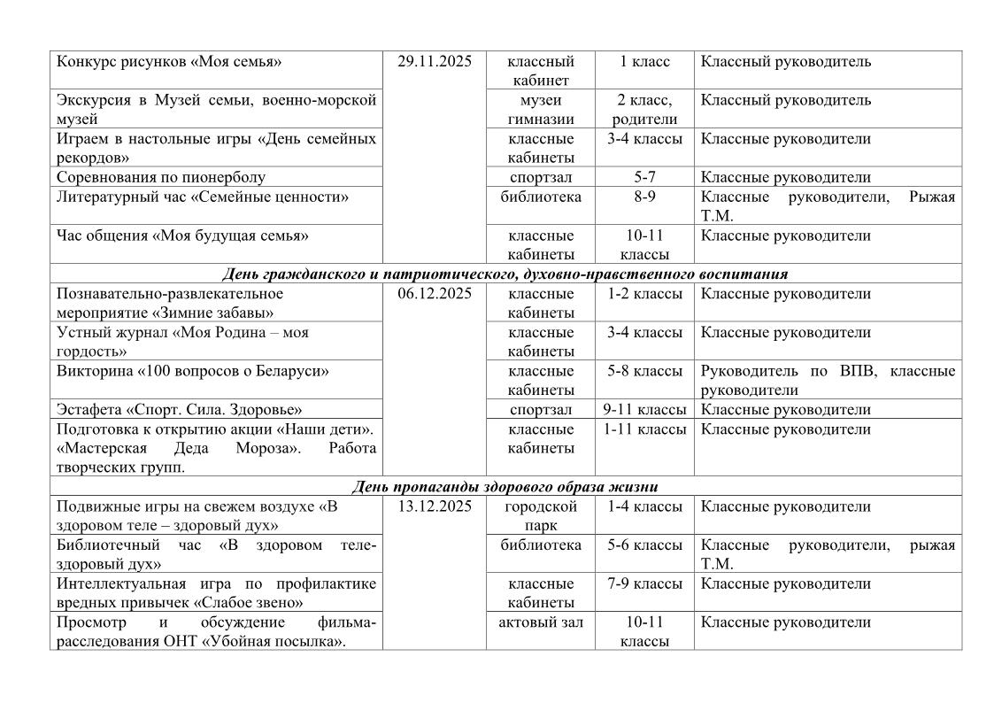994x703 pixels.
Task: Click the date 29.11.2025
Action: click(435, 62)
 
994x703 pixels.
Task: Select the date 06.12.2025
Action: click(435, 294)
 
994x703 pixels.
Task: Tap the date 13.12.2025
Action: click(435, 507)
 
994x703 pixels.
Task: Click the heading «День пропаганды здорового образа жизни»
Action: click(505, 487)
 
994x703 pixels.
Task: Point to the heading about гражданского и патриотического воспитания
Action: click(505, 274)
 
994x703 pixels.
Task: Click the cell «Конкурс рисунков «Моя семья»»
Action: click(169, 62)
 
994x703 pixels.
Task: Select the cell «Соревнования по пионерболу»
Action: click(161, 177)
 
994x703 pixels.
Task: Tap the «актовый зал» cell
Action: click(541, 622)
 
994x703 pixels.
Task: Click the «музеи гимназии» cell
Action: click(541, 109)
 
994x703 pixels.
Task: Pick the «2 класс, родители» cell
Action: click(644, 109)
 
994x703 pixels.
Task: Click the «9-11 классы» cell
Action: click(644, 410)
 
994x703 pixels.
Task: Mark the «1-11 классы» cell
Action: click(644, 429)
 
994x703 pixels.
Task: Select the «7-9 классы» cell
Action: click(644, 584)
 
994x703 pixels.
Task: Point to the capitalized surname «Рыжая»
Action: click(932, 197)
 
